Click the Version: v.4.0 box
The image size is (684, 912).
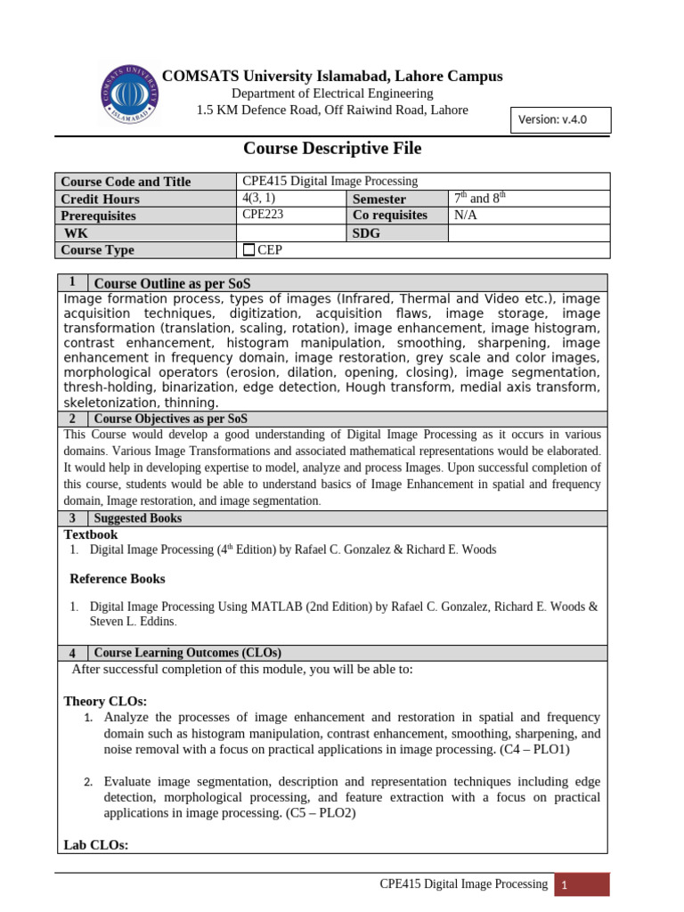pos(560,119)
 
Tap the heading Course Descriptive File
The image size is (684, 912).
pos(332,149)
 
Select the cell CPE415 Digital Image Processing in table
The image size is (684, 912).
pos(330,181)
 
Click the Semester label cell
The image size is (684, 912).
pos(379,199)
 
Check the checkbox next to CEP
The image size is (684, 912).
pos(248,250)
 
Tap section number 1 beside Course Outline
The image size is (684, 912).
pos(71,282)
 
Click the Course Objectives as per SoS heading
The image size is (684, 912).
pos(171,419)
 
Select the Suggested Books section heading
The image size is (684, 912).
pos(138,518)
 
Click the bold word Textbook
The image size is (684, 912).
pos(91,534)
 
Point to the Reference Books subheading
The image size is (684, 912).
pos(118,579)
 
